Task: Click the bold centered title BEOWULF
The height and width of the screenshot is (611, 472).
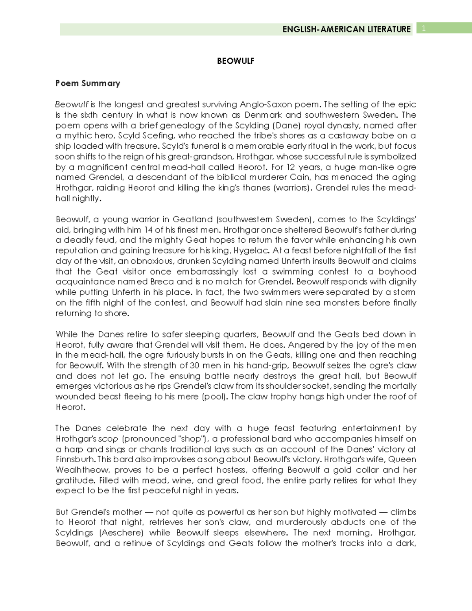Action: click(236, 61)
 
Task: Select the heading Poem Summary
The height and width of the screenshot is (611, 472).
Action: click(88, 83)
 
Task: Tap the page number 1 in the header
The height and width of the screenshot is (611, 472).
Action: click(424, 28)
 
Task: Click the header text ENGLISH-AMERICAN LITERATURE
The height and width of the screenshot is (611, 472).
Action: click(346, 29)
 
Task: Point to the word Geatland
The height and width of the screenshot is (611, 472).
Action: click(193, 220)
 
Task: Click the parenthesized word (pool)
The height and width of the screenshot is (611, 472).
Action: click(215, 397)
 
